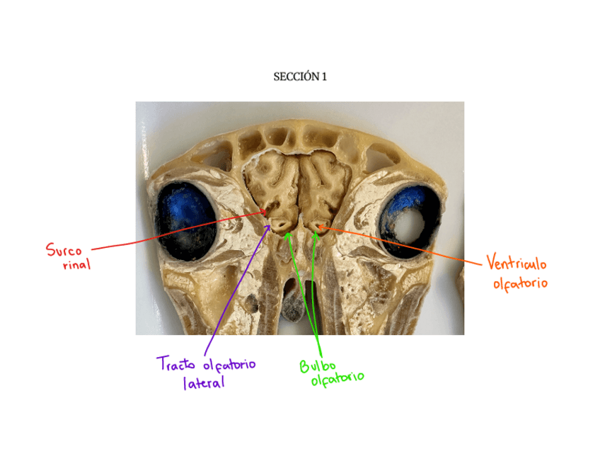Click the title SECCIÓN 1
click(300, 77)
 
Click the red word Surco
click(64, 250)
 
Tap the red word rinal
click(76, 265)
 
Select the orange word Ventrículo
click(517, 266)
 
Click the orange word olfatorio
click(521, 283)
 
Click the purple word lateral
click(203, 383)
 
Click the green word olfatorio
click(337, 378)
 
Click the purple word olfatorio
click(229, 365)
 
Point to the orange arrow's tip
click(318, 227)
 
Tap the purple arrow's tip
click(270, 226)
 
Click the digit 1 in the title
click(324, 77)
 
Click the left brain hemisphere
click(272, 181)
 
